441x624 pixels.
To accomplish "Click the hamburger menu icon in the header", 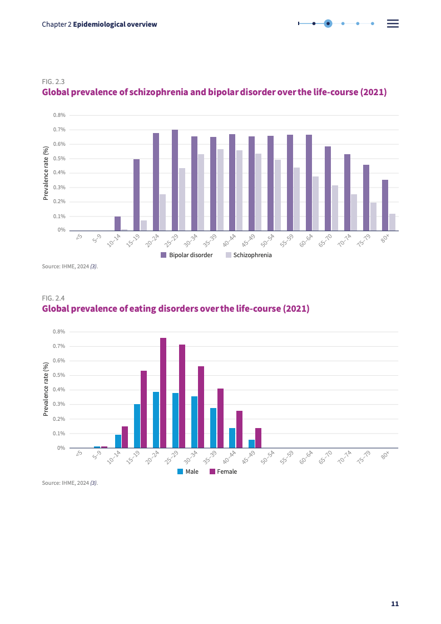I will click(x=393, y=23).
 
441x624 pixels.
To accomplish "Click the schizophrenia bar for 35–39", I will click(x=220, y=189).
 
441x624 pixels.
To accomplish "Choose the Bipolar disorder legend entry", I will click(x=187, y=255).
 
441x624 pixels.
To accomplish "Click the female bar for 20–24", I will click(x=163, y=392).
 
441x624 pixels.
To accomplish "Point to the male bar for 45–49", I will click(x=251, y=444).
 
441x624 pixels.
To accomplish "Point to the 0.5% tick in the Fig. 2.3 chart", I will click(x=60, y=159).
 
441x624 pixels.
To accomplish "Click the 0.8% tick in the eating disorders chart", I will click(x=60, y=332).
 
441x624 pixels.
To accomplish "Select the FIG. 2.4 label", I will click(x=53, y=298).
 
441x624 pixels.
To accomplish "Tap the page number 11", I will click(x=395, y=604).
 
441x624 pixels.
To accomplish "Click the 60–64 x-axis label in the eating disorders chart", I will click(x=307, y=457).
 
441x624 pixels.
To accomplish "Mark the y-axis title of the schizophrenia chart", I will click(x=46, y=173).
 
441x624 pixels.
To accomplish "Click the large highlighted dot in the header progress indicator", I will click(x=328, y=23).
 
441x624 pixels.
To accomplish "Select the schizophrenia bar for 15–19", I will click(x=143, y=225).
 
